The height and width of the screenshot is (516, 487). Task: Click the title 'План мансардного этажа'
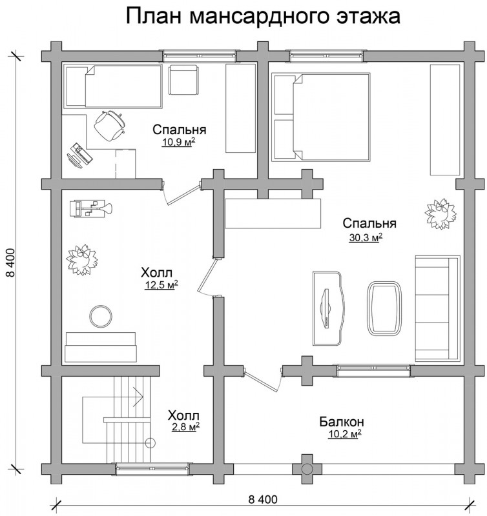(x=263, y=15)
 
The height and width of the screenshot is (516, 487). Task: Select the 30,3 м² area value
(x=366, y=237)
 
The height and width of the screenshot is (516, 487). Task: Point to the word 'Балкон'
(x=342, y=422)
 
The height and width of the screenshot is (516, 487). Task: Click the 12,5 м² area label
(x=161, y=284)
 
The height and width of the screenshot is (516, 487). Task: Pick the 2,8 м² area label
(x=185, y=427)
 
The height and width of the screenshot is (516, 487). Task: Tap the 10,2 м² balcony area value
(x=345, y=434)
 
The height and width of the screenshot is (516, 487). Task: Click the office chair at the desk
(x=109, y=126)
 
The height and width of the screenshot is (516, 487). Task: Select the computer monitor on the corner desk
(x=79, y=155)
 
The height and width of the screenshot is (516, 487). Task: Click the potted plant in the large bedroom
(x=440, y=213)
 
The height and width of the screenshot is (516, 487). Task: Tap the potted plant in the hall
(x=82, y=260)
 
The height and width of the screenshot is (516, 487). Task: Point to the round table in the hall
(x=101, y=317)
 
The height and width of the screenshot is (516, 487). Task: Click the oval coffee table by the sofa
(x=384, y=308)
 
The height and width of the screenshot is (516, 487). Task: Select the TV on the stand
(x=326, y=308)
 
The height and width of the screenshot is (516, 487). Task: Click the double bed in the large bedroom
(x=320, y=117)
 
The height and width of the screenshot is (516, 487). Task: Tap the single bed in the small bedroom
(x=112, y=86)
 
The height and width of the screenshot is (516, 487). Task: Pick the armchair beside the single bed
(x=183, y=79)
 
